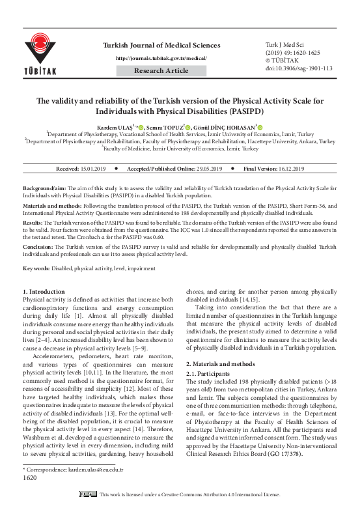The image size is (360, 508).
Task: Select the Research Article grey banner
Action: [162, 70]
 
